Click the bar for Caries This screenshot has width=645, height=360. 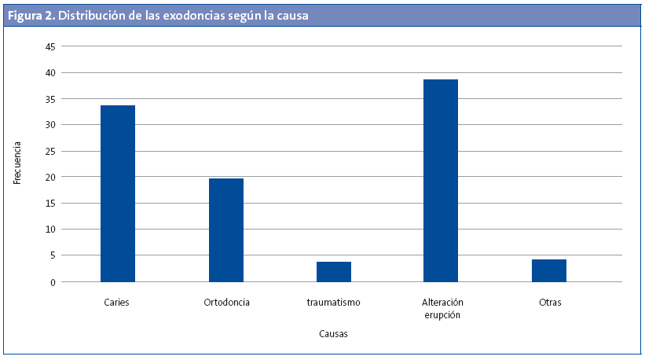click(118, 193)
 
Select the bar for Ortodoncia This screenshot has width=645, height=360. click(225, 230)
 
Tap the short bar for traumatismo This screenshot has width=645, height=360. click(333, 271)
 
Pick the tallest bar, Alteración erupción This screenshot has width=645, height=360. click(441, 180)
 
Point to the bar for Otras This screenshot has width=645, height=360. click(548, 270)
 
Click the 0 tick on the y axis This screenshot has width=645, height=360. click(52, 282)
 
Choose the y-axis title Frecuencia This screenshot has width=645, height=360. click(17, 163)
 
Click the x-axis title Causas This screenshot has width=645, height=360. click(333, 333)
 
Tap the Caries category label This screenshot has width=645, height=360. click(116, 303)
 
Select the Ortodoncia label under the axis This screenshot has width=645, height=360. click(226, 303)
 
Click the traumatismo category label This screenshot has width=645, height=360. click(334, 303)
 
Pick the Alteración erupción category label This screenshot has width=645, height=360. click(441, 308)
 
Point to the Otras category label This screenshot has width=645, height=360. click(550, 303)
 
